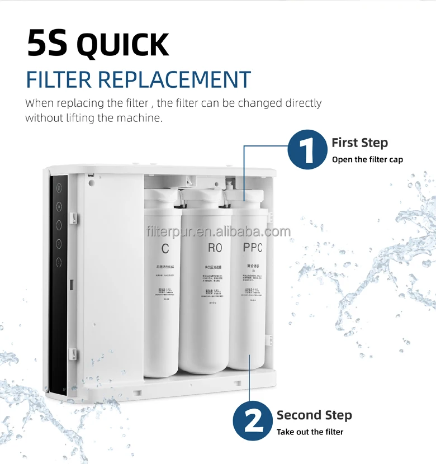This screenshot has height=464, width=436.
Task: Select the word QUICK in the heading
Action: pos(123,46)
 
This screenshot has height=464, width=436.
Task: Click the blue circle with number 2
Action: pos(253,422)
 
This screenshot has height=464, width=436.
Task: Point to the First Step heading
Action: pos(359,143)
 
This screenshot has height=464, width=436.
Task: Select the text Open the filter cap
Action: pos(367,159)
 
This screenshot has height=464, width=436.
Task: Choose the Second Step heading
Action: pos(314,415)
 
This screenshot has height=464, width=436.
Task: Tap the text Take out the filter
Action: pos(310,432)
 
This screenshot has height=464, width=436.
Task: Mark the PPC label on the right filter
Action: pos(252,248)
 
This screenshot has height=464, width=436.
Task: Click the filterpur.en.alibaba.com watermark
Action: pos(218,231)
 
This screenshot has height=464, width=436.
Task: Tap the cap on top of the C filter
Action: pos(162,197)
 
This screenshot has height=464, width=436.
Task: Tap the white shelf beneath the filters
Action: pos(212,383)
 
